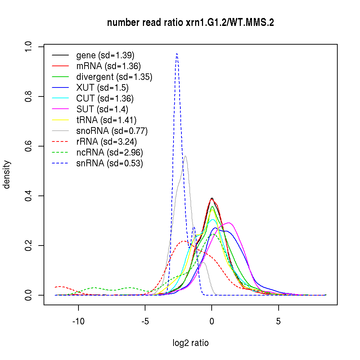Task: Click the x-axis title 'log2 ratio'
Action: click(x=190, y=343)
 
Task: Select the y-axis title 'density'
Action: click(x=7, y=175)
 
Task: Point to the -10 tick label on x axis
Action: click(x=78, y=321)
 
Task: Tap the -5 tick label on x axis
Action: click(x=145, y=321)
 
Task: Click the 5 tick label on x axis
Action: click(x=278, y=321)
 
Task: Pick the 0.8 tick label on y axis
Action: click(x=28, y=96)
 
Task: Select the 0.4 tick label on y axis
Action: click(x=28, y=196)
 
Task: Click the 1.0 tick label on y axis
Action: click(x=28, y=47)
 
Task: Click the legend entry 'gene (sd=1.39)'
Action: click(x=105, y=55)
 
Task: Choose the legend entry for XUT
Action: click(x=102, y=88)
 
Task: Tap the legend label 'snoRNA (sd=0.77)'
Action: click(x=112, y=131)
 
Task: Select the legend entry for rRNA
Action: click(x=107, y=142)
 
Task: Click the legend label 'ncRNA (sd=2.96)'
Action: click(x=109, y=153)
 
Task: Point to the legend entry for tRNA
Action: click(x=106, y=120)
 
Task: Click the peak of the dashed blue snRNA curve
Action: click(x=177, y=54)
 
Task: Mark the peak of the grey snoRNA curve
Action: click(x=185, y=156)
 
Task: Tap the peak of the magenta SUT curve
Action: click(x=228, y=223)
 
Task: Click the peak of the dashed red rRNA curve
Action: click(x=184, y=241)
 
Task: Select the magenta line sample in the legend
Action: click(x=60, y=109)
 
